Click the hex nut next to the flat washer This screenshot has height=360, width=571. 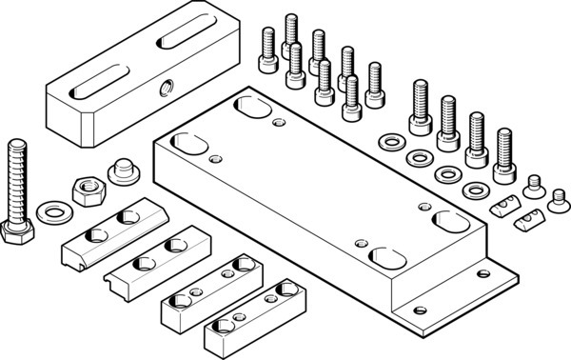pyautogui.click(x=89, y=188)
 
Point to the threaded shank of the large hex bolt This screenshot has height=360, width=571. pyautogui.click(x=18, y=181)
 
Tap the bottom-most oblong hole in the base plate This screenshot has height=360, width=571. pyautogui.click(x=384, y=257)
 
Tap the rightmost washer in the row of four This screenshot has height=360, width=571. pyautogui.click(x=472, y=190)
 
